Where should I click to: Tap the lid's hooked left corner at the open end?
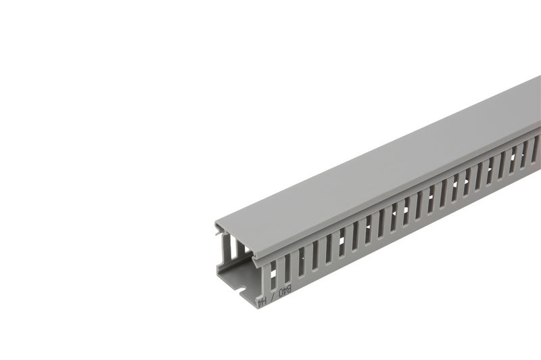218,225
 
